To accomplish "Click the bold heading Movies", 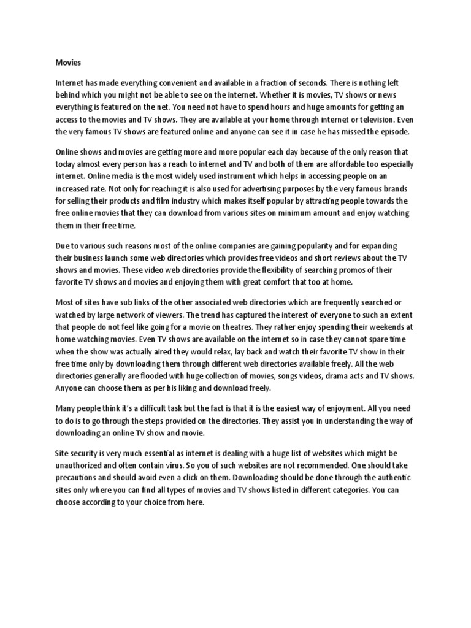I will [68, 62].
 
